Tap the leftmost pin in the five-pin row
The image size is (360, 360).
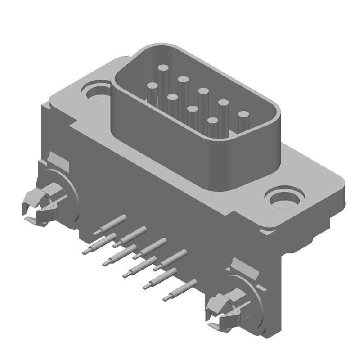(164, 68)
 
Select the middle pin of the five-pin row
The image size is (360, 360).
(203, 91)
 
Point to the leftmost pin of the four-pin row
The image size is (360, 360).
(152, 85)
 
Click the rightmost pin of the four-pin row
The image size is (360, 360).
(213, 120)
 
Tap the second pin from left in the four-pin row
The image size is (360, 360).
(172, 97)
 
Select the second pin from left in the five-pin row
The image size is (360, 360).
(183, 80)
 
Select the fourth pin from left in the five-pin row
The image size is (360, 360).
(224, 103)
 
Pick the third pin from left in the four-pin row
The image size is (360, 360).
(193, 108)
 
